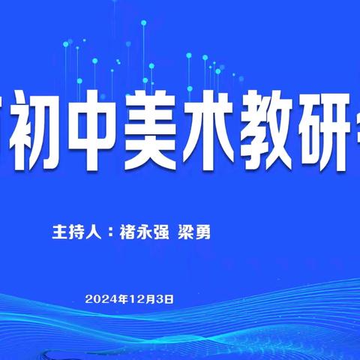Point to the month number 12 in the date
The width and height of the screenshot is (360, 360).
pyautogui.click(x=150, y=298)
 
